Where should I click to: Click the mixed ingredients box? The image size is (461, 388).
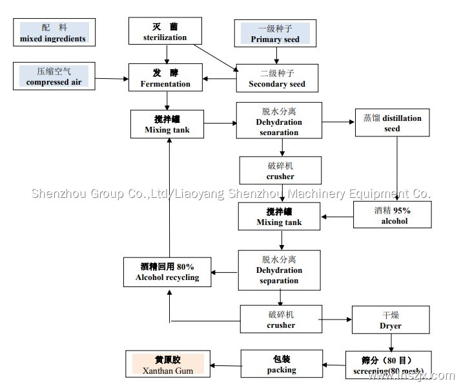(54, 33)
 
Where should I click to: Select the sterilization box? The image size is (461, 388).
(166, 32)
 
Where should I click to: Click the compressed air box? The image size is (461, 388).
(54, 76)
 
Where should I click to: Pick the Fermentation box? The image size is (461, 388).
(166, 78)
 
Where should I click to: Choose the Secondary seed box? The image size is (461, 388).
(277, 78)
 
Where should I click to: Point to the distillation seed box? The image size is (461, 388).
(392, 123)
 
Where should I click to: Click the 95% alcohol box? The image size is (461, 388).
(391, 215)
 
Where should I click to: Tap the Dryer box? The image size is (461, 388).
(390, 320)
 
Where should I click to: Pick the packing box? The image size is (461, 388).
(282, 365)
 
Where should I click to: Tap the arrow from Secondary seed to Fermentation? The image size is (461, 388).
(220, 79)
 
